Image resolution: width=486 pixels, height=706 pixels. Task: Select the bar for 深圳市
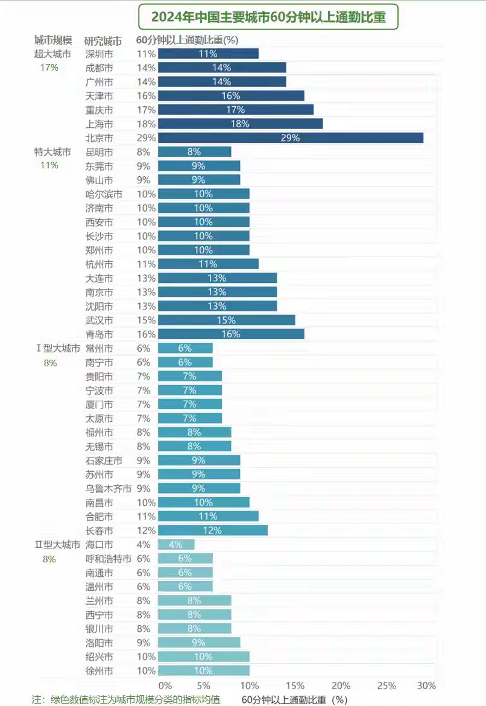(x=208, y=54)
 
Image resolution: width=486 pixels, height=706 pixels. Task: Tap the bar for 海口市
(x=176, y=544)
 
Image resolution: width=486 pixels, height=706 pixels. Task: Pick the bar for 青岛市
(x=231, y=334)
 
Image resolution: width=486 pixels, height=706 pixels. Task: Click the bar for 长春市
(x=212, y=530)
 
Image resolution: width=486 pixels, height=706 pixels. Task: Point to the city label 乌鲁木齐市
(x=109, y=488)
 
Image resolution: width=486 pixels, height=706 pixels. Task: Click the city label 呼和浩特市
(x=109, y=559)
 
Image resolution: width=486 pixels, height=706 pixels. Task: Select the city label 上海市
(x=99, y=124)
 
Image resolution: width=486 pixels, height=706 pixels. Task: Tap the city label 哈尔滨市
(x=104, y=194)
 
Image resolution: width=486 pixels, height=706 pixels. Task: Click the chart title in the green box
(x=268, y=17)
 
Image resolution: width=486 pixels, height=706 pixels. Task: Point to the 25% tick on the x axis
(x=387, y=685)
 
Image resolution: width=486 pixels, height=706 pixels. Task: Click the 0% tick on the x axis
(x=165, y=685)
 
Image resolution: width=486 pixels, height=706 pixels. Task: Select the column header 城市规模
(x=53, y=40)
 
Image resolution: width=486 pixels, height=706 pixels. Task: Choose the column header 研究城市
(x=103, y=41)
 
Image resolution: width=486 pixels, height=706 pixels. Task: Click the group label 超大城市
(x=52, y=54)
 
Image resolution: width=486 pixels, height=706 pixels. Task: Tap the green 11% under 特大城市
(x=49, y=165)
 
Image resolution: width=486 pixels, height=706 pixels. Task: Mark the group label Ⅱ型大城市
(x=57, y=545)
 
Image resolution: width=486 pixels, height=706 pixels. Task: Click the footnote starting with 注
(x=125, y=699)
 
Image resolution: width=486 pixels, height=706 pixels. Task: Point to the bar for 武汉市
(x=226, y=320)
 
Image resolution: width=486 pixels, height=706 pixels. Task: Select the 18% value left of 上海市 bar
(x=147, y=124)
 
